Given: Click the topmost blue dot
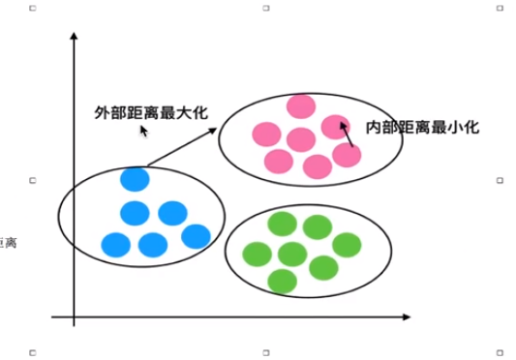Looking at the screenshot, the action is pos(135,179).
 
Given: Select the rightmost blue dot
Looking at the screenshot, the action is pos(196,236).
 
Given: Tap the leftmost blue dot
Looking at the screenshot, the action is pos(115,245).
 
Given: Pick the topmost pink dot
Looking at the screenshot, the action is pos(301,106).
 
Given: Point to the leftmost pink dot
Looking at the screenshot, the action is pos(266,134).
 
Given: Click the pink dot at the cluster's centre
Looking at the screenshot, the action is pos(301,139).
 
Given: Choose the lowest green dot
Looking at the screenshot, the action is pos(282,281).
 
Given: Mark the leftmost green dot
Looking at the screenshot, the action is pos(257,254).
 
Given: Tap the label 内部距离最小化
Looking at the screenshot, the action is pos(423,127).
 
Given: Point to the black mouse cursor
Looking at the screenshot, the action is pos(142,128).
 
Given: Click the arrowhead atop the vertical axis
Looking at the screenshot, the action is pos(74,39).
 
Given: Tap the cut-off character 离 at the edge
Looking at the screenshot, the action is pos(9,241).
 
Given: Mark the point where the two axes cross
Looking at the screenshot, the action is pos(74,316).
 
